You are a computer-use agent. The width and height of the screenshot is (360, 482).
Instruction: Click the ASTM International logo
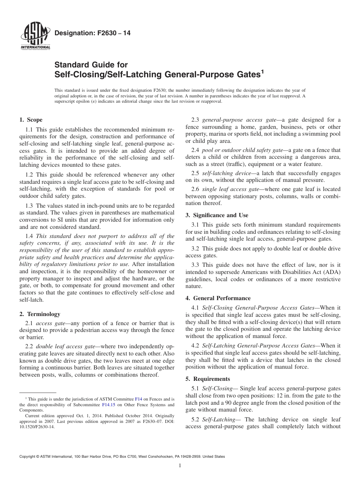(35, 36)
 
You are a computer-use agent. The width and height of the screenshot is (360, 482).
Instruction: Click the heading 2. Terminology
(39, 314)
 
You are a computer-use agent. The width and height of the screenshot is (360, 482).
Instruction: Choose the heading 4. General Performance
(218, 298)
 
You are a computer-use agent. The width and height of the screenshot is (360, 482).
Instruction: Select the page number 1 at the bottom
(180, 466)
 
